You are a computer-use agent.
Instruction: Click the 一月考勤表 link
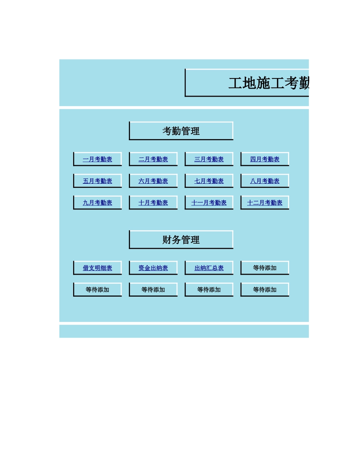click(97, 160)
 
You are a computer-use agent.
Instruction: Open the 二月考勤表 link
click(153, 160)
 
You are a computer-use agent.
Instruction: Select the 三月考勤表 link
click(209, 160)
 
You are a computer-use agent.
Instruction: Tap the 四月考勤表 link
click(265, 160)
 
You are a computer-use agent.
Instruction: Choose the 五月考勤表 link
click(97, 181)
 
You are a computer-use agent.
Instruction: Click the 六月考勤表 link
click(153, 181)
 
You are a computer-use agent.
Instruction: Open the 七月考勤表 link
click(209, 181)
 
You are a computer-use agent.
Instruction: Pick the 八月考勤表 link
click(265, 181)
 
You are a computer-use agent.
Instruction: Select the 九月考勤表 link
click(97, 203)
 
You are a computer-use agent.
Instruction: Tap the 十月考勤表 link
click(153, 203)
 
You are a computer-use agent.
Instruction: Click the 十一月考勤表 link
click(209, 203)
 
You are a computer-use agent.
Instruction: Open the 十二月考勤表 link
click(265, 203)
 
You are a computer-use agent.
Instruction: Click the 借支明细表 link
click(97, 268)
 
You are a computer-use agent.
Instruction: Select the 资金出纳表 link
click(153, 268)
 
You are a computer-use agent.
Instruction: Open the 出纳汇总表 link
click(209, 268)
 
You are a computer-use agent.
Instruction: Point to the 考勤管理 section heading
click(181, 131)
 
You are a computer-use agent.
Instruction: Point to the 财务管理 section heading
click(181, 240)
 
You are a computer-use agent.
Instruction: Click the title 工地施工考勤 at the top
click(269, 83)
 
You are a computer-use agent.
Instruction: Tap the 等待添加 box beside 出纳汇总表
click(265, 268)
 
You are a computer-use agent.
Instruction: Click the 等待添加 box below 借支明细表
click(97, 290)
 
